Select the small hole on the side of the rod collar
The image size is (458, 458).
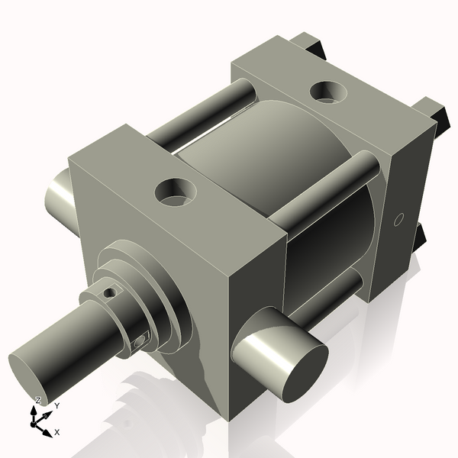(x=139, y=342)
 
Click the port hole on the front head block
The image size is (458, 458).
(x=175, y=192)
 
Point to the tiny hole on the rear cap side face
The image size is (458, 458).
(x=397, y=220)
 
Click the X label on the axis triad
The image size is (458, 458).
(x=57, y=432)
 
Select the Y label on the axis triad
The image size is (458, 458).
(x=56, y=406)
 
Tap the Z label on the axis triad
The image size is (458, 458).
(x=38, y=400)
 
